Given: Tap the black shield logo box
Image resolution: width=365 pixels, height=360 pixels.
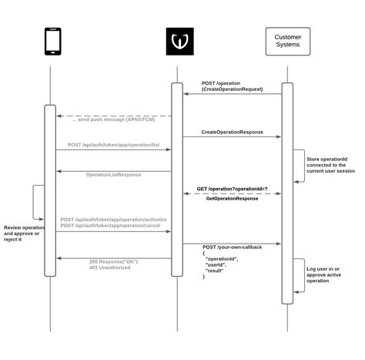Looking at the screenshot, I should pyautogui.click(x=176, y=42).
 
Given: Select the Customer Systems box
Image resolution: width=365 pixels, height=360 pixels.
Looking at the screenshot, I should pyautogui.click(x=287, y=42).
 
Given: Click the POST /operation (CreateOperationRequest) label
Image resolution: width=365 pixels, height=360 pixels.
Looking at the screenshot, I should pyautogui.click(x=233, y=86).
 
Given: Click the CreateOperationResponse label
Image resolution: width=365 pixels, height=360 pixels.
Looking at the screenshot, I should pyautogui.click(x=233, y=132).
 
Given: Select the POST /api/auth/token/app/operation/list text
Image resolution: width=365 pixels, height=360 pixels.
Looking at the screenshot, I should pyautogui.click(x=113, y=144).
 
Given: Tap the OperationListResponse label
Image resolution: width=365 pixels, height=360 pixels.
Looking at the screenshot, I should pyautogui.click(x=113, y=175).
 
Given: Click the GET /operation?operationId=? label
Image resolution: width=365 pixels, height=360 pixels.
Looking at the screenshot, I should pyautogui.click(x=233, y=188).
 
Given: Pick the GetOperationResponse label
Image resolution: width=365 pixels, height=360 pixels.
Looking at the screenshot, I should pyautogui.click(x=233, y=199).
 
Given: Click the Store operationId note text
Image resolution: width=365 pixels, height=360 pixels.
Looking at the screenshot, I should pyautogui.click(x=331, y=163).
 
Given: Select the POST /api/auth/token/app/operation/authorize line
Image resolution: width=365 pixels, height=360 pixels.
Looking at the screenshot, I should pyautogui.click(x=113, y=219).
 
